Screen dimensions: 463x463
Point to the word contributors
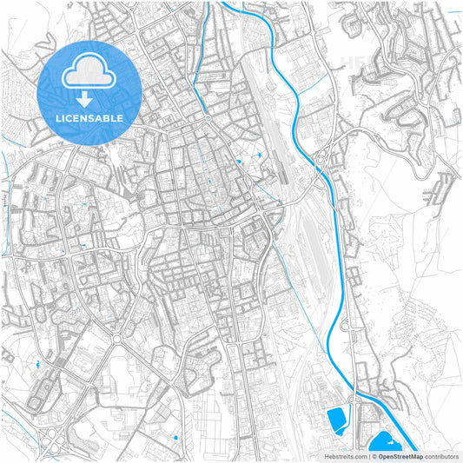click(x=441, y=455)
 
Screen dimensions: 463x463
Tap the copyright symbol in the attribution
click(x=372, y=455)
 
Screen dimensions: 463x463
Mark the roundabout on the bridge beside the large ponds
click(x=354, y=400)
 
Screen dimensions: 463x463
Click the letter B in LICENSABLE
click(x=108, y=118)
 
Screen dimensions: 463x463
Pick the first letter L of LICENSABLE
click(x=58, y=118)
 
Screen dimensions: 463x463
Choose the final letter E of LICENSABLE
click(x=120, y=118)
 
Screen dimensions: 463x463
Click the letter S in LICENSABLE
click(x=90, y=118)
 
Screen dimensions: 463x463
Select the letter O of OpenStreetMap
click(x=380, y=455)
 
